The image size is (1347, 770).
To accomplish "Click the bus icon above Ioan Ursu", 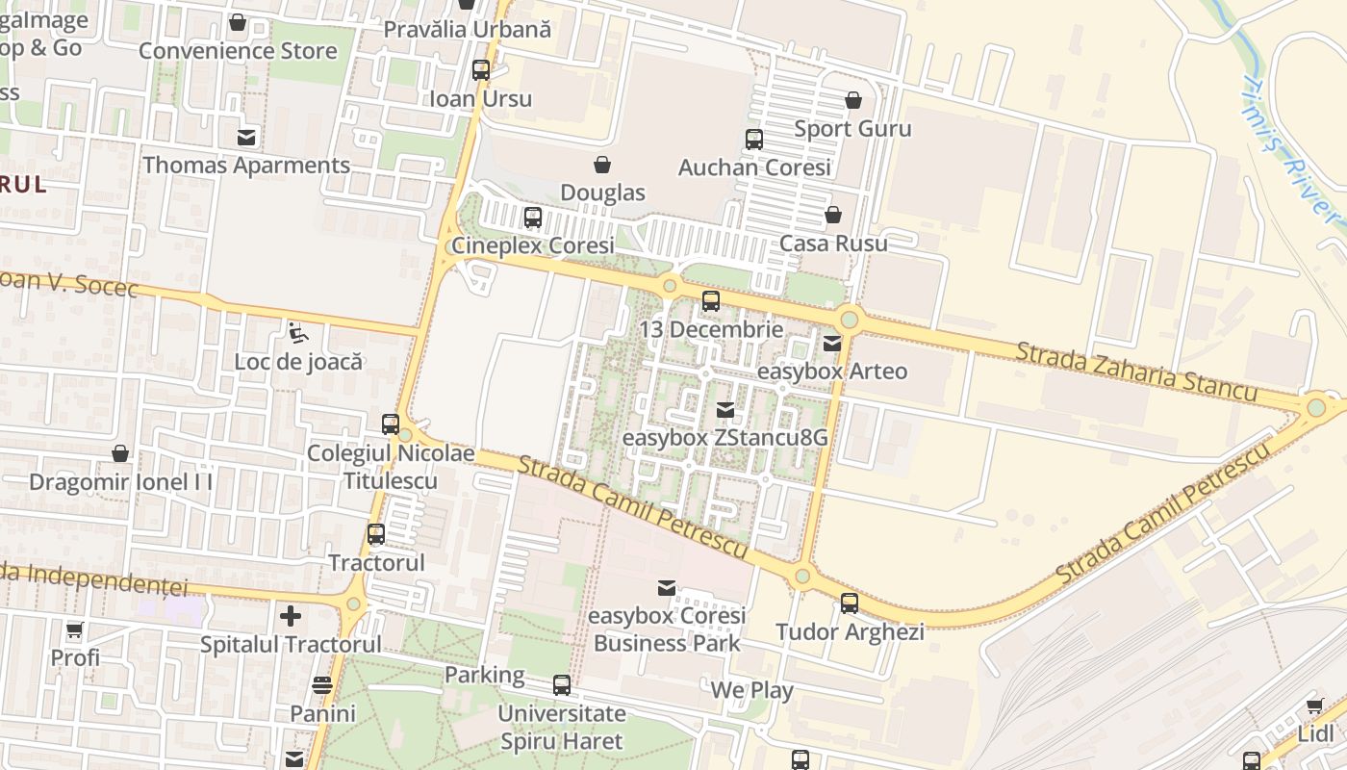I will tap(481, 70).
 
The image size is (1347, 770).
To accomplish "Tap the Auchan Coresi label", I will tap(754, 167).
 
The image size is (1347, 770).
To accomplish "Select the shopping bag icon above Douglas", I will tap(602, 165).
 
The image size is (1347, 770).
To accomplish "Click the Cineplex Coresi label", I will tap(533, 245).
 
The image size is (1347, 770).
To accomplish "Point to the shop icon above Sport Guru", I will tap(852, 100).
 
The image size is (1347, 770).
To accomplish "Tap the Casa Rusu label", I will tap(833, 243).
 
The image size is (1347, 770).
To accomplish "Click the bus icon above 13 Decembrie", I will tap(711, 301).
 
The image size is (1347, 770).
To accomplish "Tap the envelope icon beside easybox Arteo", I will tap(832, 343).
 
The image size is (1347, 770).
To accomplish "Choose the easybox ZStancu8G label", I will tap(725, 437).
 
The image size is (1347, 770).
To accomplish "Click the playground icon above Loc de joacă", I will tap(298, 334).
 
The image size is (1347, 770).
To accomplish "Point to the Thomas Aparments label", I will tap(246, 165).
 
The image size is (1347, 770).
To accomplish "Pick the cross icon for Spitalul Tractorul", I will tap(291, 616).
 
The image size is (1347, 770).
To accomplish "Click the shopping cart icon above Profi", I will tap(75, 630).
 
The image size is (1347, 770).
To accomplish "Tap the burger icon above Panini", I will tap(322, 685).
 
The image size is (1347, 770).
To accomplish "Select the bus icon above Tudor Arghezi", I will tap(850, 603).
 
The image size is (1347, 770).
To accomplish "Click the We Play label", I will tap(752, 690).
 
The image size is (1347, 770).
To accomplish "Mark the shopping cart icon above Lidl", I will tap(1315, 706).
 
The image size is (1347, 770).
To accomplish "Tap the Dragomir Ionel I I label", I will tap(121, 481).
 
